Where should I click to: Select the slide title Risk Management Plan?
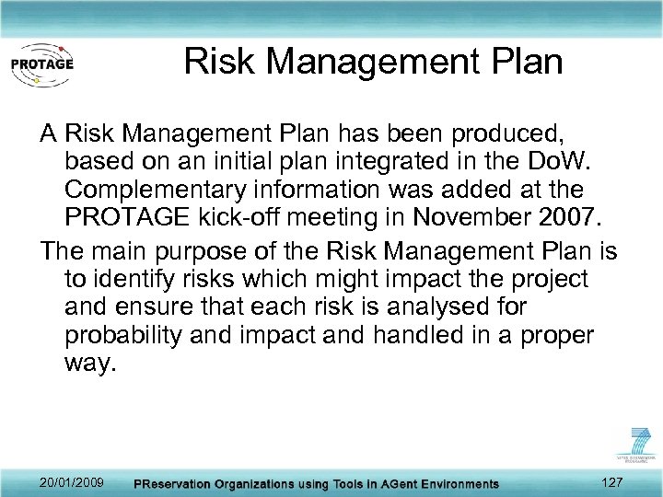(373, 62)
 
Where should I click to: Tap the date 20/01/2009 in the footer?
(72, 482)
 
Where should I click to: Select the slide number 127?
(611, 482)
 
